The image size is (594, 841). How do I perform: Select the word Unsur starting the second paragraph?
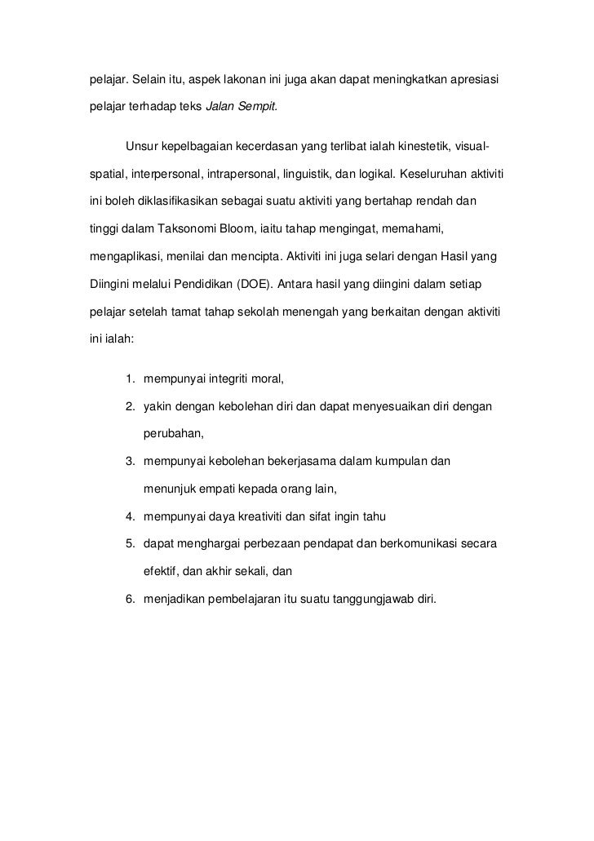pyautogui.click(x=142, y=147)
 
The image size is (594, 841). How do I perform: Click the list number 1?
pyautogui.click(x=130, y=378)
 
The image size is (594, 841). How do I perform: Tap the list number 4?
pyautogui.click(x=130, y=516)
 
